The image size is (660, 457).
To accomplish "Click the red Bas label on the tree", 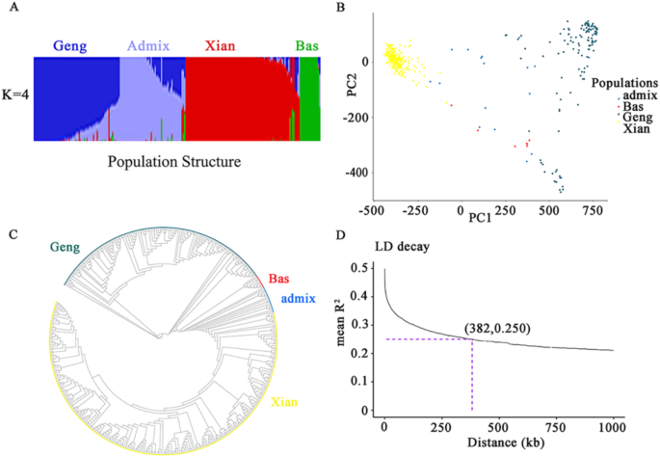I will [x=278, y=280].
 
